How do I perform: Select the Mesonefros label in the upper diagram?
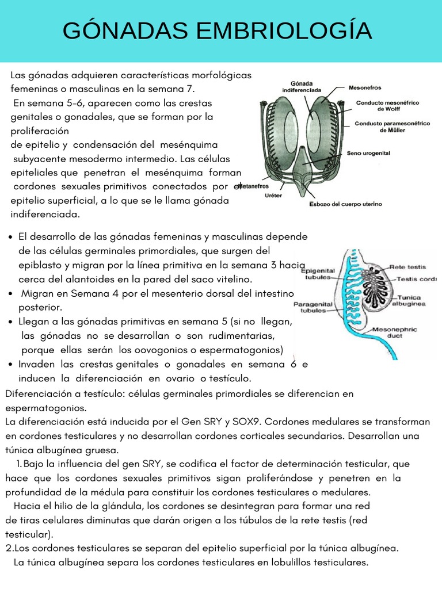coord(365,89)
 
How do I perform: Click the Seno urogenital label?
coord(368,154)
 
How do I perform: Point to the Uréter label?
coord(273,196)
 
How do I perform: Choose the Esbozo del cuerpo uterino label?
coord(345,204)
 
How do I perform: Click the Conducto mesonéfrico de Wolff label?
coord(387,105)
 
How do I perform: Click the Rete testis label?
coord(407,266)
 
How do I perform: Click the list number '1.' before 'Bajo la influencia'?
coord(18,464)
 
